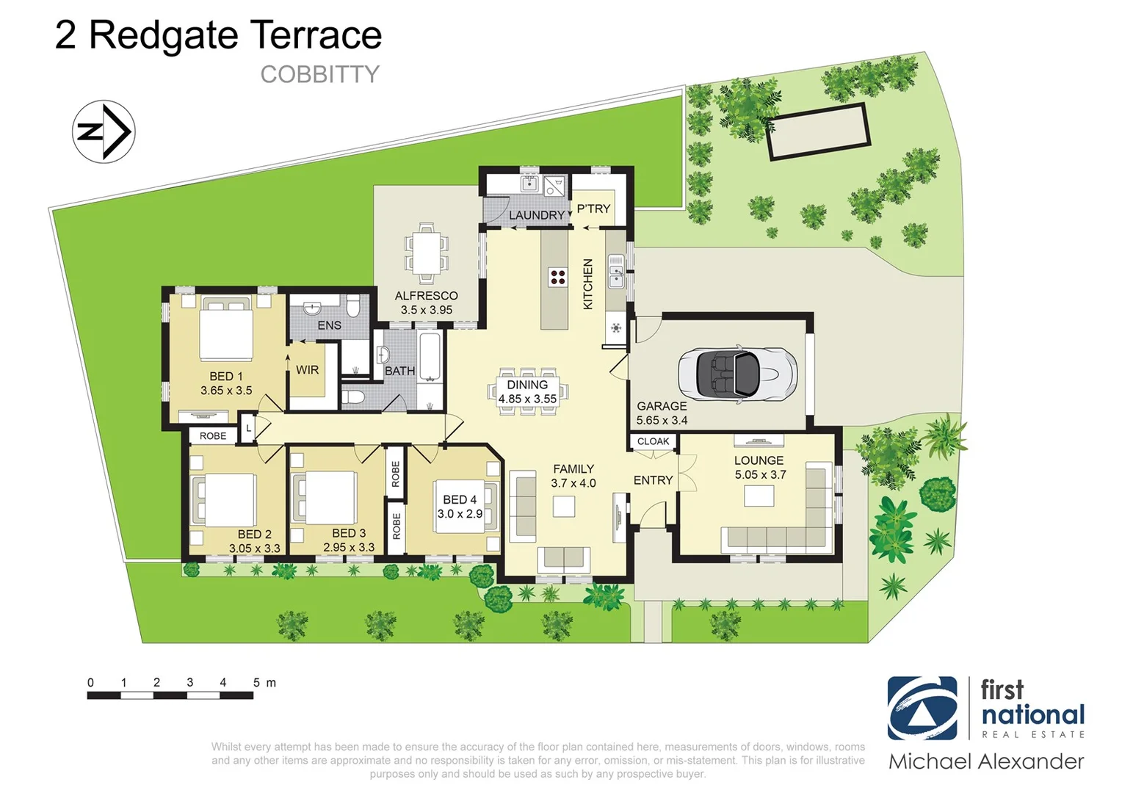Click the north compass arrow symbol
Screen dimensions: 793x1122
coord(104,131)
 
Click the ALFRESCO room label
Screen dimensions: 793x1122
coord(426,296)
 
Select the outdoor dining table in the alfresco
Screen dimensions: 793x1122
coord(427,253)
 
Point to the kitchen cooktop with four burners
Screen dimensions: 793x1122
coord(557,277)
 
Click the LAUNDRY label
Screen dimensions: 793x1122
coord(536,215)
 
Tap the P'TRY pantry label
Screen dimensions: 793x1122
coord(593,209)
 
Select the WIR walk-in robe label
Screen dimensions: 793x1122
coord(307,370)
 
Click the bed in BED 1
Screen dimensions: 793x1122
coord(226,333)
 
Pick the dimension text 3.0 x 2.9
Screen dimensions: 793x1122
coord(460,514)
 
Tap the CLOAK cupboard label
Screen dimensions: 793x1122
coord(653,441)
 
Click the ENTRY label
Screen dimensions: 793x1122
coord(653,480)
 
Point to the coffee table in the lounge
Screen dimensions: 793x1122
coord(759,496)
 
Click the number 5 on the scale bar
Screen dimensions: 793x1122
coord(256,683)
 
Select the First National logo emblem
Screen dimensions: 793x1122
coord(922,708)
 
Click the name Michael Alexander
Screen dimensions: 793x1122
coord(986,762)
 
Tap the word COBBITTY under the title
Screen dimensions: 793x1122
coord(319,75)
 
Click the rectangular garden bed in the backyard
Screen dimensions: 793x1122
coord(819,132)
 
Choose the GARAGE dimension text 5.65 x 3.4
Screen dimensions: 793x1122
coord(662,421)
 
